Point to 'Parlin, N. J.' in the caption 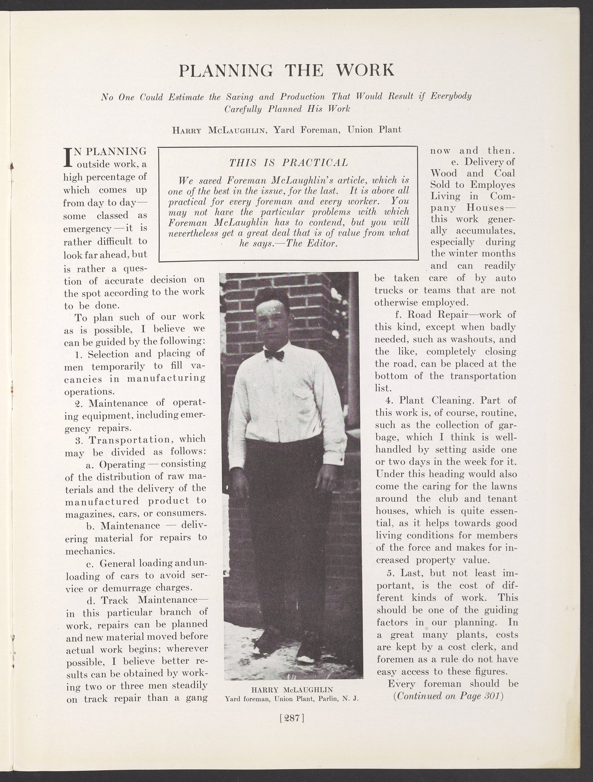[x=335, y=699]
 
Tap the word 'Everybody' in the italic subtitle [x=450, y=96]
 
